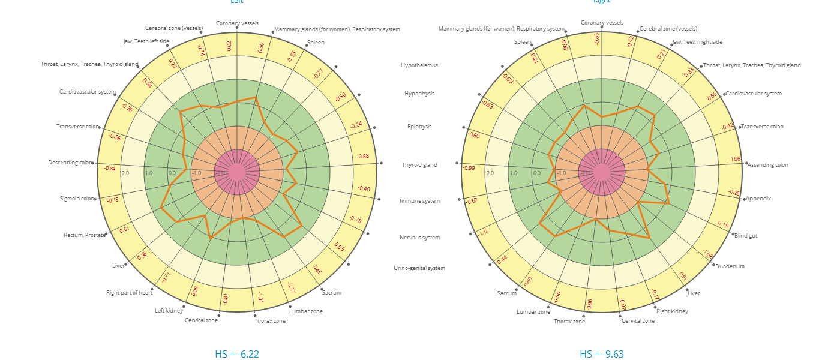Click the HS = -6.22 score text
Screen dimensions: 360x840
(x=237, y=354)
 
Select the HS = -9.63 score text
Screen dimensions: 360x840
(x=602, y=354)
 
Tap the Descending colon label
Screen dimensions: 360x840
(x=71, y=163)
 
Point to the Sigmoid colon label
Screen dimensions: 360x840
(x=77, y=199)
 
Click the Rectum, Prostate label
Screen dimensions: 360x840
(x=84, y=235)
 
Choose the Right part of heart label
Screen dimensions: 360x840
(x=129, y=293)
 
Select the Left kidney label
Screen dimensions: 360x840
(x=169, y=311)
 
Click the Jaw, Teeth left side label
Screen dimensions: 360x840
(x=146, y=41)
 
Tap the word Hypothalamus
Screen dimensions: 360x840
(x=419, y=65)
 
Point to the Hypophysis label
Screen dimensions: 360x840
(x=419, y=94)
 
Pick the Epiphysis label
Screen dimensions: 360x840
(x=419, y=127)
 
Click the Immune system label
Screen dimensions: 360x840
(x=419, y=201)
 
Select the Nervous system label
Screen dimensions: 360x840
(x=419, y=238)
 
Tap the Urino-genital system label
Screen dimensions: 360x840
(x=419, y=268)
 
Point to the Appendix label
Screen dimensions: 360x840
(x=758, y=199)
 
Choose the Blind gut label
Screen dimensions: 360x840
(x=746, y=236)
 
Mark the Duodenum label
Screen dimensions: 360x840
(x=729, y=266)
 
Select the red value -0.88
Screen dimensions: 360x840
(x=362, y=156)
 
